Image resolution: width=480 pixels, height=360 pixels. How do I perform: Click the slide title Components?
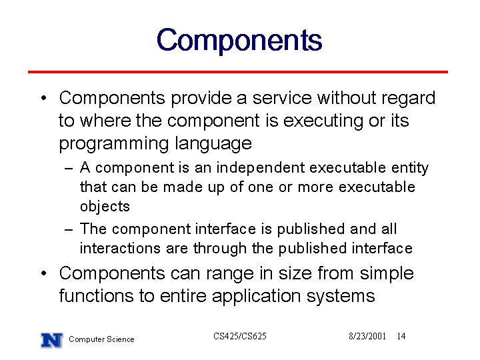click(x=239, y=41)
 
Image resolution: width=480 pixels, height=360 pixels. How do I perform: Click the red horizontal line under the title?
click(x=238, y=72)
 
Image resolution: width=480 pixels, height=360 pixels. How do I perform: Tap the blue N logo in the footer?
click(x=52, y=340)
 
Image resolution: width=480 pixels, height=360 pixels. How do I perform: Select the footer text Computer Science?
click(x=101, y=339)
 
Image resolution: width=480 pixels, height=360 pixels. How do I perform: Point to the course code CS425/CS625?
click(x=240, y=336)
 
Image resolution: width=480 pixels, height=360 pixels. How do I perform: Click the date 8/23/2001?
click(x=367, y=336)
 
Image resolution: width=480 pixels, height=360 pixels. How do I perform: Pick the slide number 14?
click(x=401, y=336)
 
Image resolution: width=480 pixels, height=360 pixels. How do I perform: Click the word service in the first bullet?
click(x=282, y=98)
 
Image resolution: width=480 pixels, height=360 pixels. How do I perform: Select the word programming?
click(x=114, y=144)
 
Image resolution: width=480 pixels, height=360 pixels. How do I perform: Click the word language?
click(x=213, y=143)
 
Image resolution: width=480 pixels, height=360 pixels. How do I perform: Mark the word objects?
click(x=105, y=206)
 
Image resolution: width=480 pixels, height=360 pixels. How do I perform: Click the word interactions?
click(x=120, y=248)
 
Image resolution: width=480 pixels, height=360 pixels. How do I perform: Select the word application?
click(x=256, y=296)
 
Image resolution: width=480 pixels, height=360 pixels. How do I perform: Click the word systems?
click(x=341, y=297)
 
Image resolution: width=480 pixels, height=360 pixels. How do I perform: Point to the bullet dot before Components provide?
click(x=43, y=98)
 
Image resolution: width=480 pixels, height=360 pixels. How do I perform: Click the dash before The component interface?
click(x=69, y=229)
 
